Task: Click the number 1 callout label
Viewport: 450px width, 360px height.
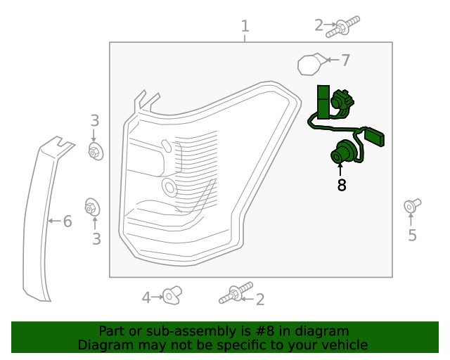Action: click(x=245, y=27)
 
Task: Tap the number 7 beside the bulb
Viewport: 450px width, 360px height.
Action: click(x=345, y=60)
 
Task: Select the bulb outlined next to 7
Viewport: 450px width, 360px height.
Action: click(x=311, y=65)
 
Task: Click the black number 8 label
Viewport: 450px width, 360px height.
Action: click(x=342, y=185)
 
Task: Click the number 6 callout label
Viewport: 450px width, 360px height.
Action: click(x=67, y=222)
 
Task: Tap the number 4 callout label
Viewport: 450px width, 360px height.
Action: click(x=146, y=298)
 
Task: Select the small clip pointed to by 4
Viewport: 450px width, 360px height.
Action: click(x=172, y=297)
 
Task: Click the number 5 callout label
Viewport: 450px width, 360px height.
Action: click(x=412, y=236)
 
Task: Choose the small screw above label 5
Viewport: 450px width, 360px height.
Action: click(x=411, y=206)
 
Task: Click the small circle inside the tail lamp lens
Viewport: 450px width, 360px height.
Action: click(x=169, y=187)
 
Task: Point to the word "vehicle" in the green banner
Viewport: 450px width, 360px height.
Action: click(x=342, y=345)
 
